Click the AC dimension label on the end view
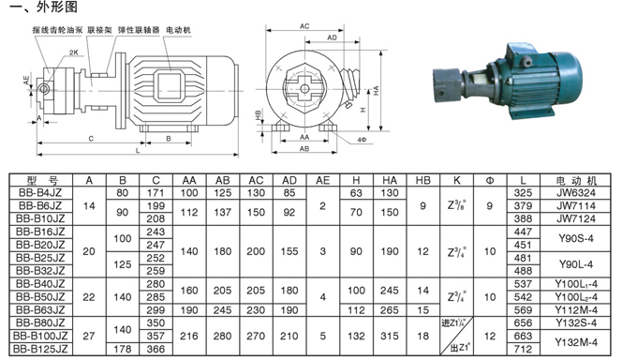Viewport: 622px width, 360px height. pyautogui.click(x=304, y=27)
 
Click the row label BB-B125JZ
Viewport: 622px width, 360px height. pyautogui.click(x=37, y=350)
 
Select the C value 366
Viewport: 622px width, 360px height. pyautogui.click(x=155, y=350)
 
